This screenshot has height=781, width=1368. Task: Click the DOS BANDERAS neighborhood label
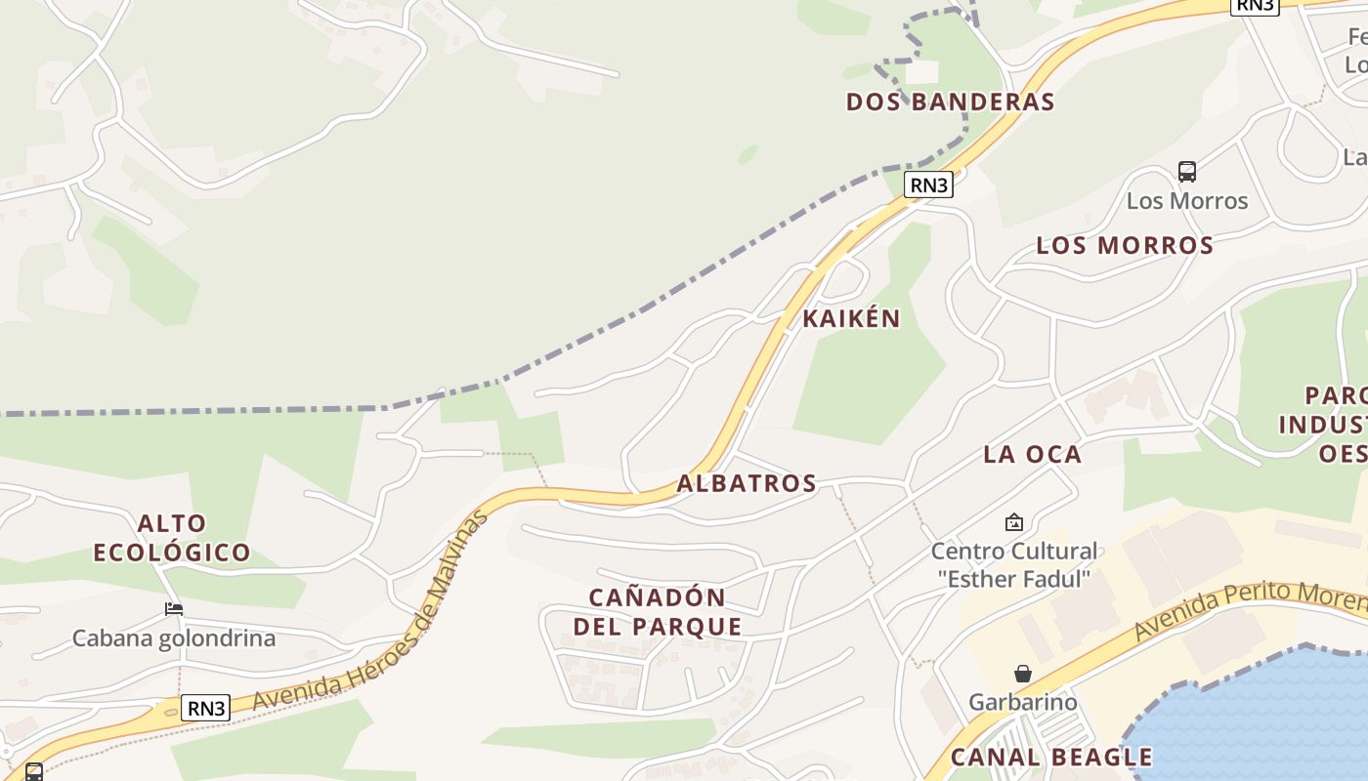(x=950, y=103)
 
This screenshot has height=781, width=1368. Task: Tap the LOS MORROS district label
(x=1125, y=245)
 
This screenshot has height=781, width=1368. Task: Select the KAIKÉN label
(x=851, y=319)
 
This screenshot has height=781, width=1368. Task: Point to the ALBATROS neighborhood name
(x=747, y=483)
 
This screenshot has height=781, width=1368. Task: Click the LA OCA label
(x=1032, y=454)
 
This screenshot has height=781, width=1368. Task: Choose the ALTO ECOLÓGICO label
(x=172, y=538)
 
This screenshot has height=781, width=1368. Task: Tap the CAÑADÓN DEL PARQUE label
(x=657, y=612)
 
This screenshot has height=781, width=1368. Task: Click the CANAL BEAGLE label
(x=1051, y=758)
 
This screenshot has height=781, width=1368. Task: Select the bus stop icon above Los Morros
(x=1187, y=172)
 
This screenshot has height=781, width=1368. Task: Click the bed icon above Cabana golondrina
(x=174, y=609)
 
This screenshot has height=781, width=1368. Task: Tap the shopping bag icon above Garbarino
(x=1022, y=674)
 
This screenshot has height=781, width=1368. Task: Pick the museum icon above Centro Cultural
(x=1013, y=522)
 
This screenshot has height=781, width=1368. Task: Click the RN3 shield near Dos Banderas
(x=927, y=185)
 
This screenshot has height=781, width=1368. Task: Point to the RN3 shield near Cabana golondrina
(x=207, y=708)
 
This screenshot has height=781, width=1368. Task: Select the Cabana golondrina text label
(x=174, y=638)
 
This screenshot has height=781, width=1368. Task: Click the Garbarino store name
(x=1022, y=702)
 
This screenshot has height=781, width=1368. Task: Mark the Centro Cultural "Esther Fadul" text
(x=1013, y=564)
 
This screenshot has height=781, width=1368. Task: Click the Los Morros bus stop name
(x=1187, y=201)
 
